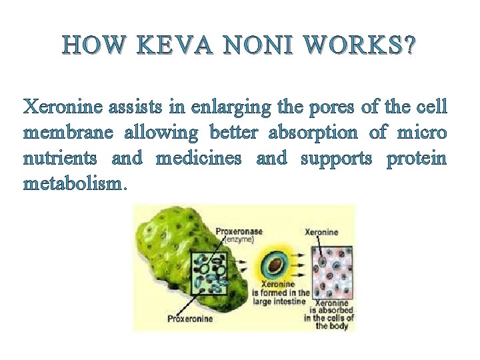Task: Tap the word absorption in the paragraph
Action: click(313, 133)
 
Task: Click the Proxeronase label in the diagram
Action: click(239, 231)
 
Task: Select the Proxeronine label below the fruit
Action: click(190, 319)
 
